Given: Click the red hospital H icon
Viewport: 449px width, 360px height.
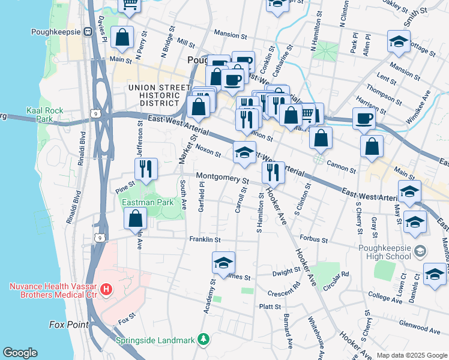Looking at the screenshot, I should (x=106, y=290).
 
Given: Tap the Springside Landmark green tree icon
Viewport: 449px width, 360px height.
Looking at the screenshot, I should (x=204, y=340).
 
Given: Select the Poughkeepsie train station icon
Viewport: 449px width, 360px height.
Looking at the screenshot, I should (x=88, y=31).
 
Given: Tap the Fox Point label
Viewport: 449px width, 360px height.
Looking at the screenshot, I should (x=68, y=325).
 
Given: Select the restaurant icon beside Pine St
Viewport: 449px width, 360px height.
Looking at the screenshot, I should (x=145, y=169).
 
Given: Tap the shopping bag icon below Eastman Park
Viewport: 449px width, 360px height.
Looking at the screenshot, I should (x=135, y=218).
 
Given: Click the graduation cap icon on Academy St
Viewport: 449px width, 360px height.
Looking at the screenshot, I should (x=223, y=262).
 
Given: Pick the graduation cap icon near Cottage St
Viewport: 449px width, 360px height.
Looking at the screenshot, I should (x=399, y=41).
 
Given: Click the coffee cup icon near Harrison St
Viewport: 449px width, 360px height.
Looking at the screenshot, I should (x=363, y=119).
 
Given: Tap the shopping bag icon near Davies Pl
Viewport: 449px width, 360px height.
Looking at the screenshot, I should (x=122, y=37).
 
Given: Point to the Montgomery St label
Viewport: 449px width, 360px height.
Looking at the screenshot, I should (x=223, y=179).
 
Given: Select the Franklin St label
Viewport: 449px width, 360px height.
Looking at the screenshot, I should (x=205, y=239).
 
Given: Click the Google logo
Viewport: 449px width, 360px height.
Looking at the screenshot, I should (x=20, y=353).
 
